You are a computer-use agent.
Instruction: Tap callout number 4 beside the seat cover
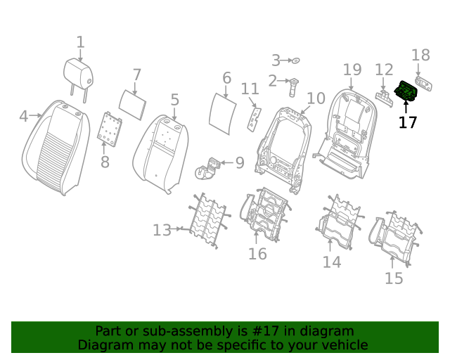[24, 116]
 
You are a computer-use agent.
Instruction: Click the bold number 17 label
[408, 122]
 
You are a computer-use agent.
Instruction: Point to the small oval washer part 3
[295, 60]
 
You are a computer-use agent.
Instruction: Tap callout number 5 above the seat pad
[174, 100]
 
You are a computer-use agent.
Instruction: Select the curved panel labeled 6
[225, 109]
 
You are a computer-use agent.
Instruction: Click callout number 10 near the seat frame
[316, 98]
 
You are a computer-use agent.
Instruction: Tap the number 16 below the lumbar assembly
[257, 253]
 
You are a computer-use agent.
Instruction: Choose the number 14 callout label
[332, 262]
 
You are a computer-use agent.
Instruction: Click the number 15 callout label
[394, 278]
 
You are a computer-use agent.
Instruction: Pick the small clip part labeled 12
[384, 95]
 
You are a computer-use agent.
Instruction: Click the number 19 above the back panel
[352, 70]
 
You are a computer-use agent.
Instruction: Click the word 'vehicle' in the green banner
[344, 345]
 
